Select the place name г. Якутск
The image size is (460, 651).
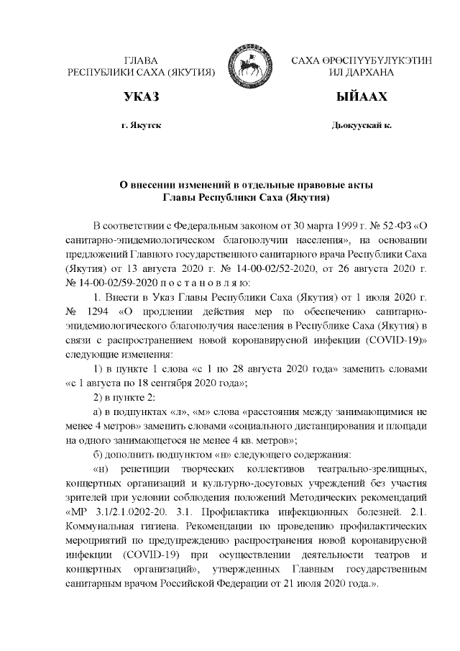(141, 126)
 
